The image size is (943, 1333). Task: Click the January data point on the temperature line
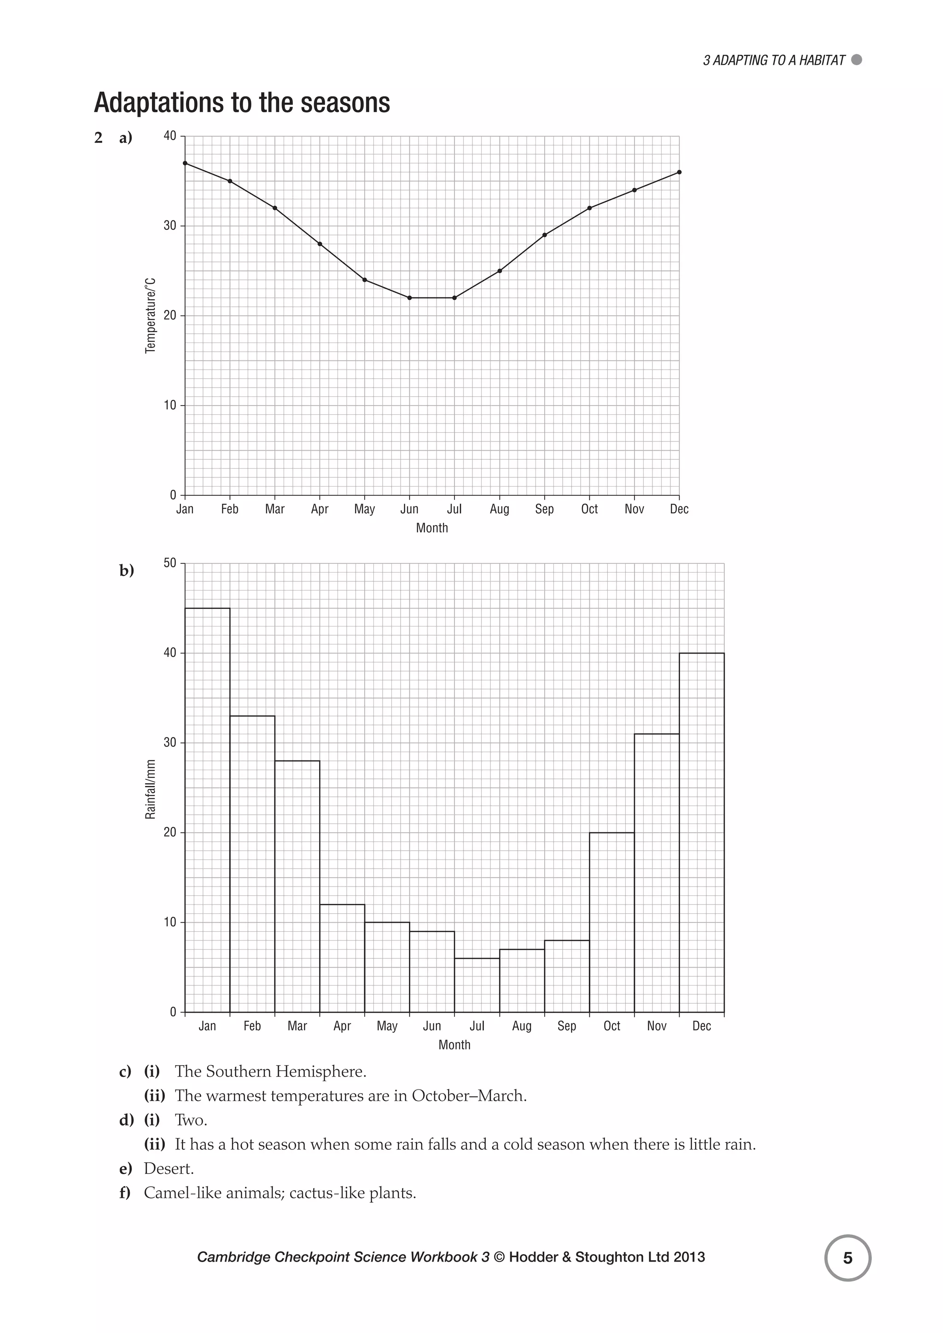click(x=185, y=163)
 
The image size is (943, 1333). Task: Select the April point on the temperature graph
click(x=320, y=244)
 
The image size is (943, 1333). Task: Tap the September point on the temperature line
click(x=545, y=235)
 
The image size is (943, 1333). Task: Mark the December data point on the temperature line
click(x=679, y=172)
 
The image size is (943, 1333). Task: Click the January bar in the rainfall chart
click(x=207, y=810)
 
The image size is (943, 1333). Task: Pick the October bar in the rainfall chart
click(x=612, y=922)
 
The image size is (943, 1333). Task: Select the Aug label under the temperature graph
click(x=500, y=509)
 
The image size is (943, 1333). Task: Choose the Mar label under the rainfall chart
click(x=297, y=1026)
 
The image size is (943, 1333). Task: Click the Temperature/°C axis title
click(x=151, y=315)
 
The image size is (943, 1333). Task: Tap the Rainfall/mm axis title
click(x=151, y=789)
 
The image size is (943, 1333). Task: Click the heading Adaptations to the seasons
click(x=242, y=103)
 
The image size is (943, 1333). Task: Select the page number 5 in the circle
click(x=848, y=1258)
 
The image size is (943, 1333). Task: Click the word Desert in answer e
click(x=169, y=1168)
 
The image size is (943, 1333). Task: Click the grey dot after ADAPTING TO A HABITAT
click(x=856, y=60)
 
